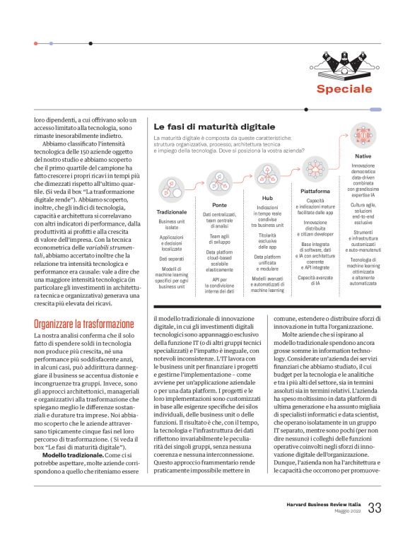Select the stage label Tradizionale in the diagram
(171, 211)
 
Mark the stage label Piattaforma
(315, 191)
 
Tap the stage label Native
(363, 156)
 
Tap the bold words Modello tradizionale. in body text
(68, 454)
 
